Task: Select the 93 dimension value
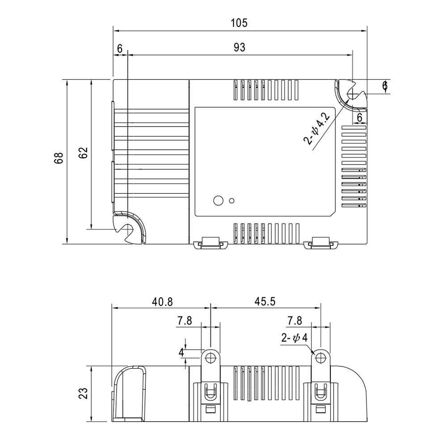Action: pos(240,48)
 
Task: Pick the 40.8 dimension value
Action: pos(162,301)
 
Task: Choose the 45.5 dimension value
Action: pos(265,301)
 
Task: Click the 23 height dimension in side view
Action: pos(84,393)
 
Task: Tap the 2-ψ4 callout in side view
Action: pos(294,338)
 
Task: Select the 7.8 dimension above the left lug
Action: pos(185,320)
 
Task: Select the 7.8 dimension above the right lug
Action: pos(295,320)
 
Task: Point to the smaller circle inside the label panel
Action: pos(232,200)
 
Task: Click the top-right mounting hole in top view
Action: pos(353,94)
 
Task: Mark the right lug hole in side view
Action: pos(320,358)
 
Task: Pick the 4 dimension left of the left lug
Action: pos(181,352)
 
